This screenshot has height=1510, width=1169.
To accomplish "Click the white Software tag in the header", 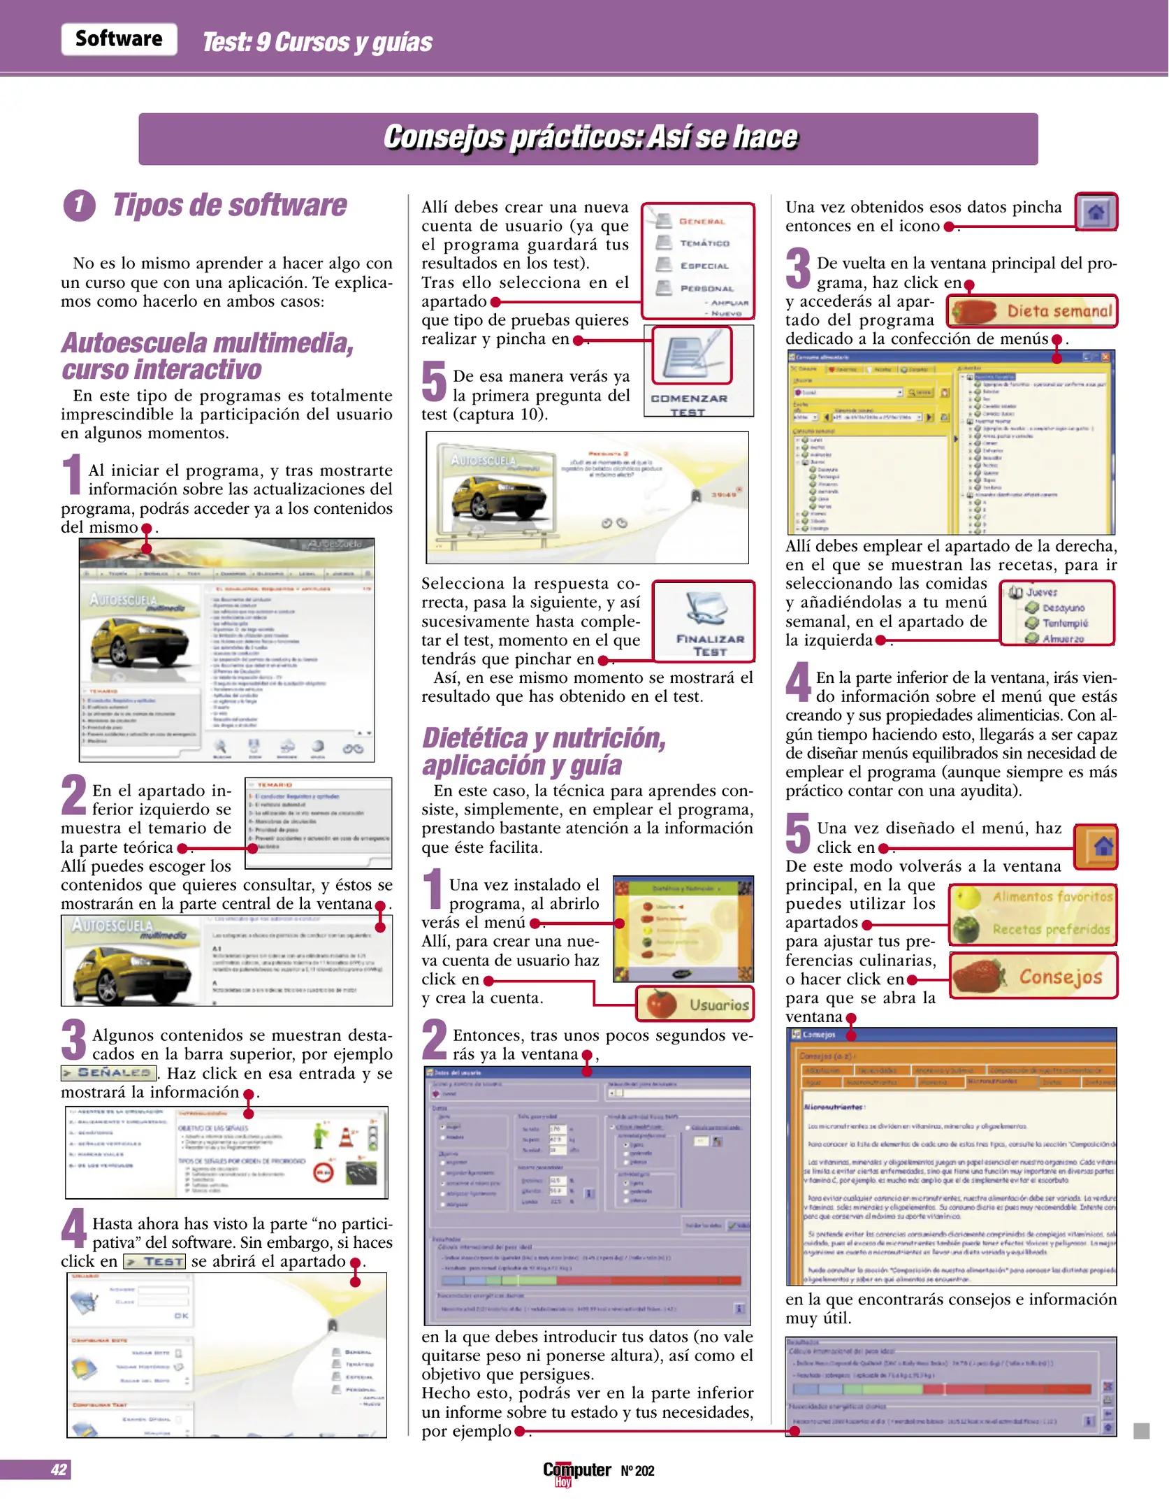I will [x=119, y=39].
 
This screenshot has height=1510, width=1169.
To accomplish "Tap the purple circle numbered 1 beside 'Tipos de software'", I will [x=79, y=206].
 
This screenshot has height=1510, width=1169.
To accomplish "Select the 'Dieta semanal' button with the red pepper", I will [x=1032, y=312].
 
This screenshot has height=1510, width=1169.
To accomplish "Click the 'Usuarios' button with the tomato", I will [x=695, y=1005].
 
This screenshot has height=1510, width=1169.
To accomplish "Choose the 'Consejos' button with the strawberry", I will [x=1033, y=976].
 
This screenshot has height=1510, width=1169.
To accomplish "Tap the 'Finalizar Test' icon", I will [x=705, y=621].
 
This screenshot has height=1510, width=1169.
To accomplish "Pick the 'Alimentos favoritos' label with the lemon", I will [x=1033, y=897].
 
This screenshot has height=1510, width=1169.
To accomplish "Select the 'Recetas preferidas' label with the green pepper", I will [x=1033, y=929].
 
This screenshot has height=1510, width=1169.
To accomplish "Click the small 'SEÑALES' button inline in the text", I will [x=108, y=1072].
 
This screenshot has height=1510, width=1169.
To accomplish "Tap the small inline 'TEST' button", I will [x=154, y=1261].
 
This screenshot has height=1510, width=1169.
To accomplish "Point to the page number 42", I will [x=59, y=1469].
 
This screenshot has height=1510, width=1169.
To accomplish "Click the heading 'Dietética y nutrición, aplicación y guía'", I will [x=544, y=752].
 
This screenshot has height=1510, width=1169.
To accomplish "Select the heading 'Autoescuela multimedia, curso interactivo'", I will [x=208, y=356].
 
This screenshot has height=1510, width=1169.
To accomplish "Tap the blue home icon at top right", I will [x=1096, y=212].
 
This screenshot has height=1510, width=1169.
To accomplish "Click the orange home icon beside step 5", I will [x=1096, y=847].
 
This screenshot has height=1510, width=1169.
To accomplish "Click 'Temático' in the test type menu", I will [x=704, y=243].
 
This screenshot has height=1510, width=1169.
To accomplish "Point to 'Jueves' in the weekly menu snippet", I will [x=1041, y=592].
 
